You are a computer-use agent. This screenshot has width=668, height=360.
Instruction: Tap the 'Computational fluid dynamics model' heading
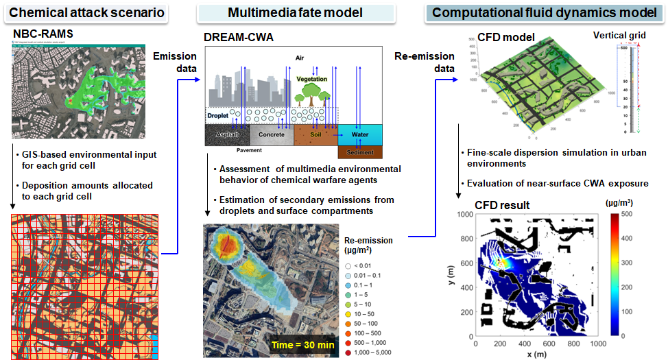(542, 12)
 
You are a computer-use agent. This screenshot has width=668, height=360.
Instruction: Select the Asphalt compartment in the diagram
(227, 134)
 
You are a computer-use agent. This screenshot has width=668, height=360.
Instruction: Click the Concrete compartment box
(271, 134)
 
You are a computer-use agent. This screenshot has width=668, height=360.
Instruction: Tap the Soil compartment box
(315, 134)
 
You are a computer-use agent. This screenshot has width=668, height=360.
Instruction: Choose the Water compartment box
(359, 134)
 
